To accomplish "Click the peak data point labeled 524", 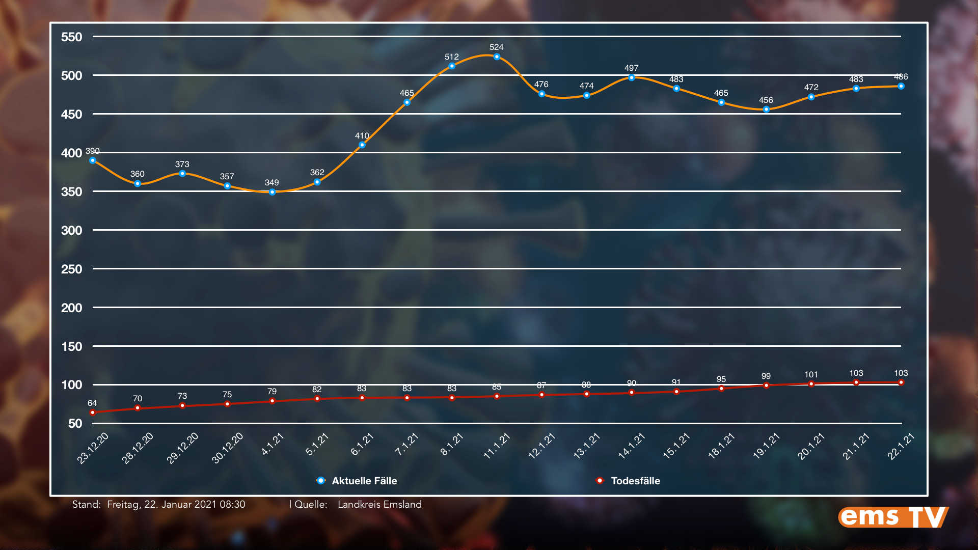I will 497,57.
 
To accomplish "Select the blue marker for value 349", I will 272,192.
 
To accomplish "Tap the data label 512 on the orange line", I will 451,57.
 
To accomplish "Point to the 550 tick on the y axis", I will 71,37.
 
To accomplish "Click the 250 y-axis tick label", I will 71,269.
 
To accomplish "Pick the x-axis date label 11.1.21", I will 497,446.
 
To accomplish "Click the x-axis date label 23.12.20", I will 93,448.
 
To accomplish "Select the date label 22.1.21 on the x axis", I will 901,446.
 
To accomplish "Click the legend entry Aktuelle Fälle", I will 364,481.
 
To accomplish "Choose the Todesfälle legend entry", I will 635,481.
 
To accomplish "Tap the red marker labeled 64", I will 92,413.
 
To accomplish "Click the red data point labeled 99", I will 766,386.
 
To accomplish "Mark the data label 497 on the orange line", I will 631,68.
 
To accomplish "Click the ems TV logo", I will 893,517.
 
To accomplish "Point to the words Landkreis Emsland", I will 379,504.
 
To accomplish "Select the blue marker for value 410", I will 362,145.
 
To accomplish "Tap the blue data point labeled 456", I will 766,109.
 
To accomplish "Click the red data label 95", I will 721,379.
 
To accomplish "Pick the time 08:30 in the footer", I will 232,504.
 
